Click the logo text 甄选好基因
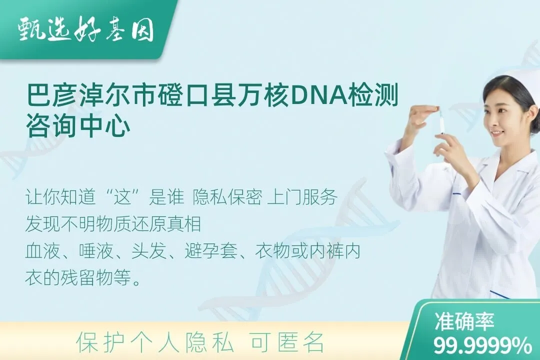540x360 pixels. click(x=85, y=31)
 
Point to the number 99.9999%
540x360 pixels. click(x=482, y=345)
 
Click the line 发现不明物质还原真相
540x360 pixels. click(x=113, y=224)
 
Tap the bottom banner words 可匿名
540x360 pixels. click(x=287, y=342)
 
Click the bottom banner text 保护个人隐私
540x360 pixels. click(x=155, y=342)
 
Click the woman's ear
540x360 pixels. click(x=525, y=116)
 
